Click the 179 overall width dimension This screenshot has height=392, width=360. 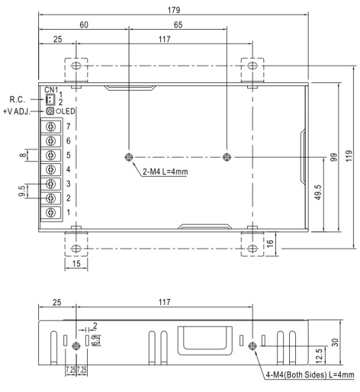pyautogui.click(x=174, y=10)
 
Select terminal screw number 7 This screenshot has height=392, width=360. pyautogui.click(x=51, y=127)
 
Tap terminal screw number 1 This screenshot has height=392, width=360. pyautogui.click(x=51, y=212)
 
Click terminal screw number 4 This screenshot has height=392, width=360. pyautogui.click(x=51, y=169)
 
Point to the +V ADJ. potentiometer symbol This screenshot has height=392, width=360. pyautogui.click(x=50, y=111)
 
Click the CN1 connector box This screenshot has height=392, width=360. pyautogui.click(x=50, y=99)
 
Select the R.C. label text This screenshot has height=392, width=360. pyautogui.click(x=18, y=99)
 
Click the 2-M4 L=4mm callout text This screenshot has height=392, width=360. pyautogui.click(x=166, y=172)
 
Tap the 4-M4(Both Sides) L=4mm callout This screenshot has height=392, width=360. pyautogui.click(x=310, y=374)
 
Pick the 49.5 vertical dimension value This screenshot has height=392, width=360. pyautogui.click(x=318, y=193)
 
